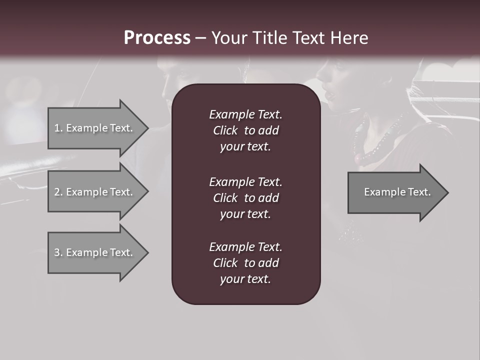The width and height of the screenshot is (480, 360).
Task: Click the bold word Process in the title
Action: [x=157, y=38]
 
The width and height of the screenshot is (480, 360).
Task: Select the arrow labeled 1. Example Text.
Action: [x=95, y=128]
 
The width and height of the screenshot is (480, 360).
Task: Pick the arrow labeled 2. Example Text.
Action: [x=95, y=192]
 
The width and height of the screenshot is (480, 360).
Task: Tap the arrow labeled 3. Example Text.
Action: [x=95, y=252]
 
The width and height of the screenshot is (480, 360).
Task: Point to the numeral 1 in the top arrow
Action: [x=56, y=128]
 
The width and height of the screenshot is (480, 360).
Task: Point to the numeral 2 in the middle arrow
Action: [x=57, y=192]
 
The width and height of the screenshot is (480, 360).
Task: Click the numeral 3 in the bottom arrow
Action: [x=57, y=252]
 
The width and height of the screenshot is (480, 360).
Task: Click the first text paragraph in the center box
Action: [x=245, y=130]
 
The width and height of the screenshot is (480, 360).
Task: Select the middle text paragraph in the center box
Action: [x=245, y=198]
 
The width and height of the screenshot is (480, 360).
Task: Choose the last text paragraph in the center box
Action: [x=245, y=263]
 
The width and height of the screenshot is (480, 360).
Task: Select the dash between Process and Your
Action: [x=200, y=38]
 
